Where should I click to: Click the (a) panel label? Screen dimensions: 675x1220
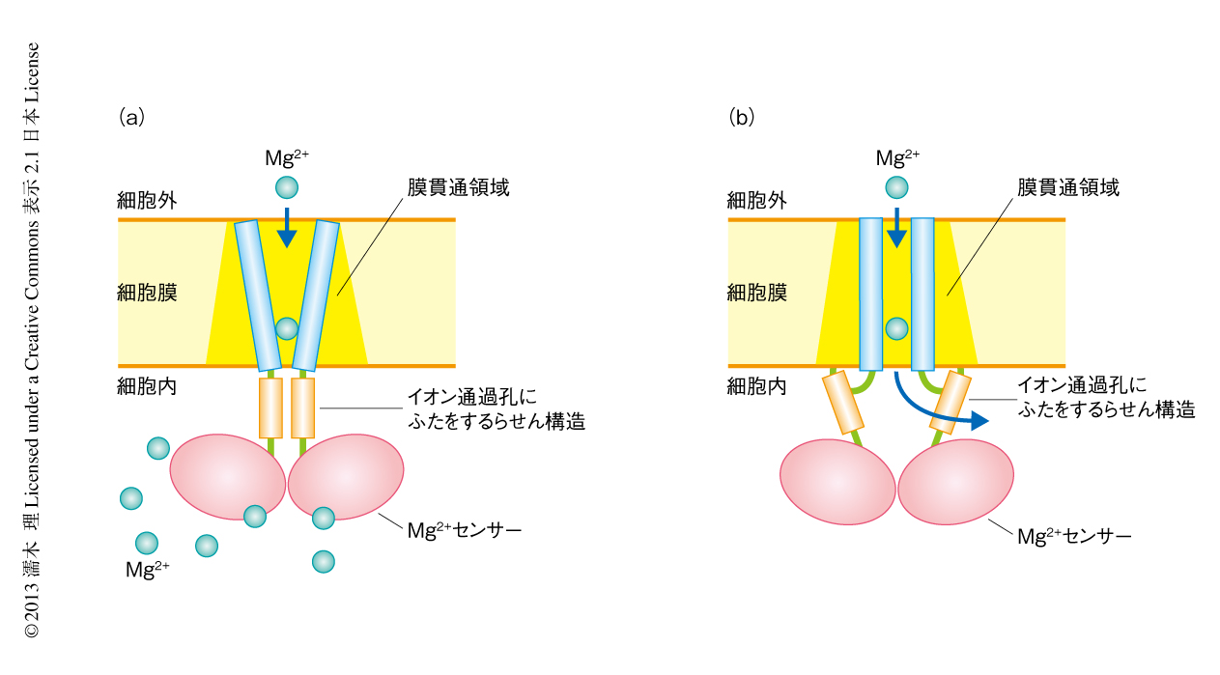click(x=131, y=118)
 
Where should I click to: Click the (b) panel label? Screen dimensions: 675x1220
click(x=741, y=118)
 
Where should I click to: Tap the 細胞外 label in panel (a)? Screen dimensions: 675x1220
click(x=147, y=200)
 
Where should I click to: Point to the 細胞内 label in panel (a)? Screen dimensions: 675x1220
click(x=147, y=387)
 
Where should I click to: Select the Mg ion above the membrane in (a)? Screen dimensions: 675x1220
click(x=287, y=187)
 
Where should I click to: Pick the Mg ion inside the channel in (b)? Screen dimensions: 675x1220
click(x=896, y=328)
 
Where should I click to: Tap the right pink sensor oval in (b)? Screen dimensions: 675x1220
click(x=955, y=482)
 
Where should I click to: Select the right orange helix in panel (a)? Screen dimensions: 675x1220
click(x=303, y=408)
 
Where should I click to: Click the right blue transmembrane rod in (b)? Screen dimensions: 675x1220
click(x=922, y=294)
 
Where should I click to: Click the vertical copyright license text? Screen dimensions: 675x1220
click(x=33, y=338)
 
